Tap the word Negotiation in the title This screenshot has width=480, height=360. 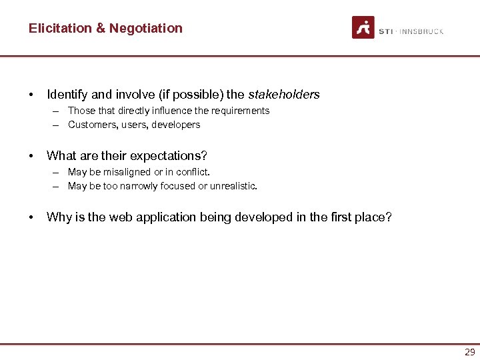coord(146,28)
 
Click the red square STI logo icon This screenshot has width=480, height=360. coord(363,27)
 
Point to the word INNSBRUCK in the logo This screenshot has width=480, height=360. coord(422,31)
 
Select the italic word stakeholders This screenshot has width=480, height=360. coord(284,95)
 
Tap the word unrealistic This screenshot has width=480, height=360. coord(233,186)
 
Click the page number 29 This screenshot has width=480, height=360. coord(469,352)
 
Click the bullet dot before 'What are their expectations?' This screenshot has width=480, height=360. coord(31,156)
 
